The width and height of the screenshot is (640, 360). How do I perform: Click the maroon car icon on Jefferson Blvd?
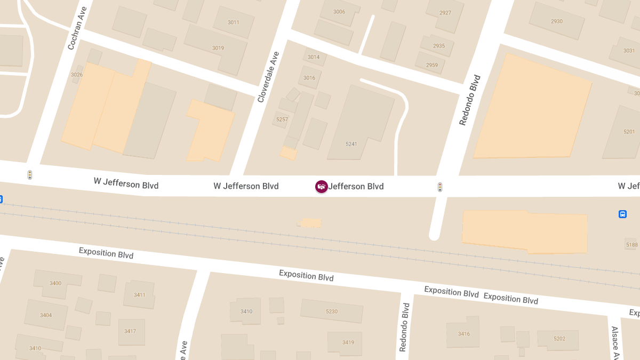[x=321, y=187]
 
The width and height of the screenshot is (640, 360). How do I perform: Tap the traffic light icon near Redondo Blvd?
[x=440, y=187]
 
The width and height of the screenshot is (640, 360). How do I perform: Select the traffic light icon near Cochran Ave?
[x=30, y=174]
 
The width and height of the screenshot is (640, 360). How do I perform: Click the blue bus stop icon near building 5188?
[x=622, y=214]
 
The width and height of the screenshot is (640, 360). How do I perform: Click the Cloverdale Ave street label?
[x=268, y=77]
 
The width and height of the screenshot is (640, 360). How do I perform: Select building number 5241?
[x=351, y=144]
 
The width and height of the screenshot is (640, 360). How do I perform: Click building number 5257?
[x=282, y=119]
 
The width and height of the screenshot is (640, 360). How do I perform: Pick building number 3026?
[x=77, y=75]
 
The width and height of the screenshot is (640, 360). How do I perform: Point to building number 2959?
[x=432, y=65]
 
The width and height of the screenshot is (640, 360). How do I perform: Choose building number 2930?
[x=556, y=21]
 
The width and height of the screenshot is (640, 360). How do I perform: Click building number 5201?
[x=629, y=132]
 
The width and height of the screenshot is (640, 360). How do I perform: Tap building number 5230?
[x=332, y=311]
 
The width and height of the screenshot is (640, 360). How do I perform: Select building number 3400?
[x=55, y=283]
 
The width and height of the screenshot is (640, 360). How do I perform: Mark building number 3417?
[x=130, y=331]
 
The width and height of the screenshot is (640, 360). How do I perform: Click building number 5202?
[x=559, y=339]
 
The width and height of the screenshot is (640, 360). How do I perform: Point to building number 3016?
[x=309, y=78]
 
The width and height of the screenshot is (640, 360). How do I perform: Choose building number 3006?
[x=339, y=12]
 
